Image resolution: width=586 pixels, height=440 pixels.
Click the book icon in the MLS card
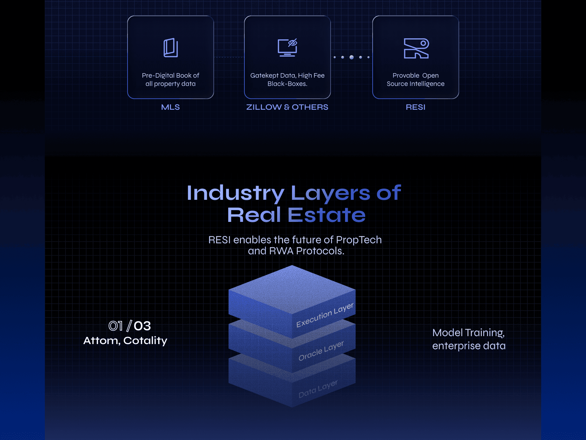coord(171,48)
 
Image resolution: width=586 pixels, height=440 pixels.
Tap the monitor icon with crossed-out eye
coord(287,48)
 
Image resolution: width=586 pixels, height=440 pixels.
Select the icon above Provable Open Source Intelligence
coord(416,48)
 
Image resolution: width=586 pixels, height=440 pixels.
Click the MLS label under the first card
coord(170,107)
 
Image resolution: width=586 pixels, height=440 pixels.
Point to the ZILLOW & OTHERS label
coord(287,107)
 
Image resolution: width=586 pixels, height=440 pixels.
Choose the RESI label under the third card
coord(415,107)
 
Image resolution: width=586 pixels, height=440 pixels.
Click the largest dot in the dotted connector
coord(351,57)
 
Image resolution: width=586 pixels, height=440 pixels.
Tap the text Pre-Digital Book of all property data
coord(171,80)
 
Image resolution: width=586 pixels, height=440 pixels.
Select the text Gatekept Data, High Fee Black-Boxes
coord(287,80)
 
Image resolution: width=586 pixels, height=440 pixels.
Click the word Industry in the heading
coord(235,193)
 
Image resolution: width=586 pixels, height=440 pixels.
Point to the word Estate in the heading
coord(326,215)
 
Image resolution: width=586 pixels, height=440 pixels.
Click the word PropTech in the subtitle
coord(358,240)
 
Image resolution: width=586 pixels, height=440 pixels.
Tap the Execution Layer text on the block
coord(325,315)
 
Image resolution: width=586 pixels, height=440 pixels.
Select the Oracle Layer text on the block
coord(321,351)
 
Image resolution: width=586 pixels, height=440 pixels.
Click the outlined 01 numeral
coord(115,326)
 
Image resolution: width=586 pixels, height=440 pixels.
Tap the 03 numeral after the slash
coord(142,326)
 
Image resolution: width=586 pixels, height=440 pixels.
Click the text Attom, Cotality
coord(125,341)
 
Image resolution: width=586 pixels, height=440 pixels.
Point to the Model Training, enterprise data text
coord(469,339)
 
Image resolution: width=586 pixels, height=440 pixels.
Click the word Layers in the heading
coord(330,193)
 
